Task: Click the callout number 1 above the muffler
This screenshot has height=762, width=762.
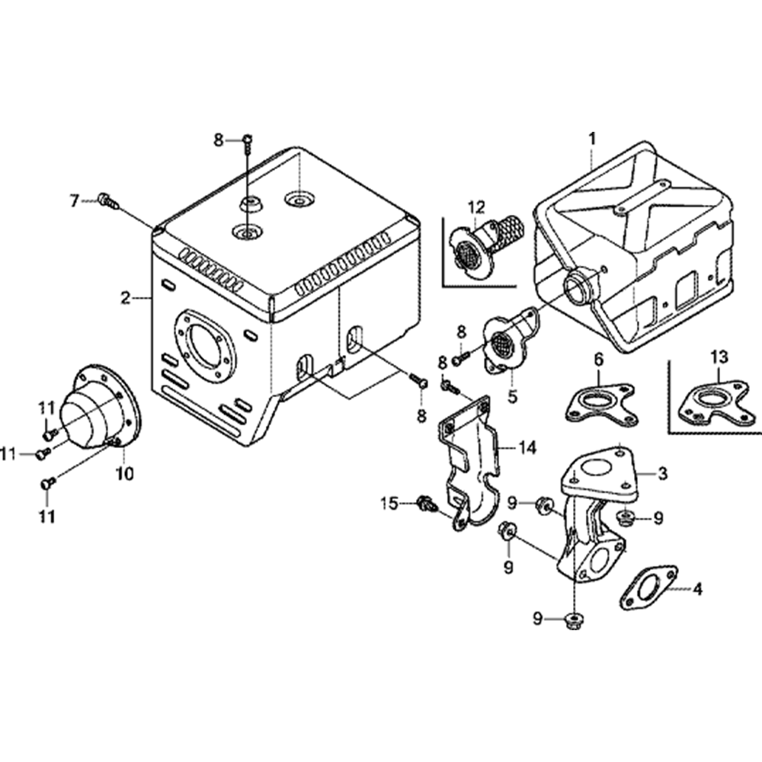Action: [593, 139]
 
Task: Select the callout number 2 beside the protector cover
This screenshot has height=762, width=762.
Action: [126, 298]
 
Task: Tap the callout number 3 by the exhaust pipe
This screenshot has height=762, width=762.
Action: [662, 473]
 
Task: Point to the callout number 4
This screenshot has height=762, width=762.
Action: [696, 588]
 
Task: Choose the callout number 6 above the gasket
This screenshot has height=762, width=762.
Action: [599, 357]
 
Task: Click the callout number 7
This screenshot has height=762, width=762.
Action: [75, 201]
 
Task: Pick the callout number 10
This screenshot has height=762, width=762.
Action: [124, 473]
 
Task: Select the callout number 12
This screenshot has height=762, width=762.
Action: [476, 207]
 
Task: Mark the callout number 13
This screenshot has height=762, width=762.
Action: [719, 356]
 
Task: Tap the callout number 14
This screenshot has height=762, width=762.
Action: [528, 447]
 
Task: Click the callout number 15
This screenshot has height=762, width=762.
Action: [389, 502]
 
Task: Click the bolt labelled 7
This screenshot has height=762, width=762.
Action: [107, 201]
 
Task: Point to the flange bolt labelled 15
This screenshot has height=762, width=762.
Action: [424, 503]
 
